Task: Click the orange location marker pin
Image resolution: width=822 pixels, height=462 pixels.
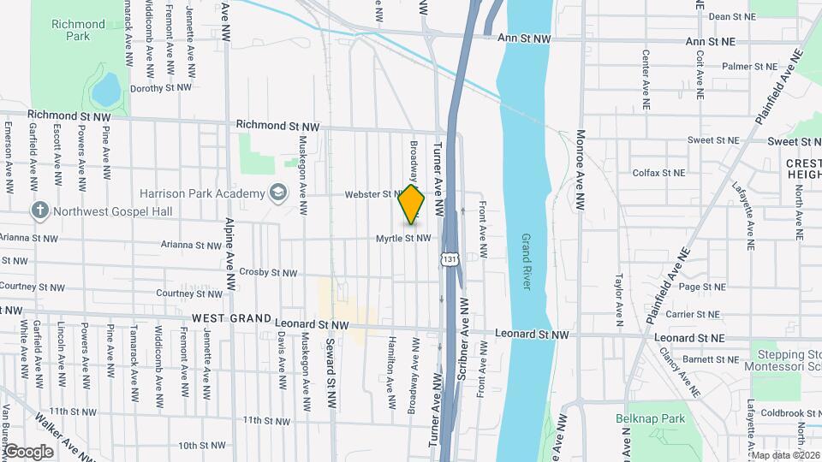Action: (x=412, y=204)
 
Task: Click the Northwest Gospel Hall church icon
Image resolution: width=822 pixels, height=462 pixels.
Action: (x=40, y=210)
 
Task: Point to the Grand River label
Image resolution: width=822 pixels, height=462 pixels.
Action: (x=526, y=262)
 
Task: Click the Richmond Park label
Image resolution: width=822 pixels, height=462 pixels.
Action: (x=77, y=31)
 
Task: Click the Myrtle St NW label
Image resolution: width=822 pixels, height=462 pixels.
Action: (x=402, y=239)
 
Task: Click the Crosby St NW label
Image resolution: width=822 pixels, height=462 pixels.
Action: (x=268, y=273)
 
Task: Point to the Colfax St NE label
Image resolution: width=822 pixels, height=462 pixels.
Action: (x=658, y=173)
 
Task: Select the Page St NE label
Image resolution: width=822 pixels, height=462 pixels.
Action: (x=701, y=287)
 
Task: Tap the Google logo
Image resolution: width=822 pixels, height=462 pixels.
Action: (x=28, y=451)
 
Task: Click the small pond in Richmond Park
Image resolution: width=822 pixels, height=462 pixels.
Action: (x=105, y=88)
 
